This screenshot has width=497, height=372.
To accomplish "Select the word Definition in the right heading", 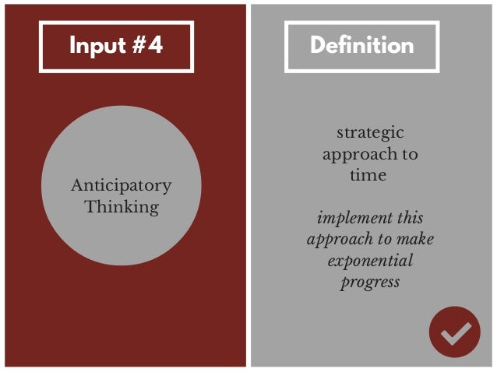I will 361,45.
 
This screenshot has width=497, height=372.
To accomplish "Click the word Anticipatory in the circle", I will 121,186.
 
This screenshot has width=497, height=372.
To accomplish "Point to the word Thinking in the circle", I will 121,207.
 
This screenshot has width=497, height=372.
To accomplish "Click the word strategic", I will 370,133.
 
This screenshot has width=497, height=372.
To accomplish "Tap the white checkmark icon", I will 455,334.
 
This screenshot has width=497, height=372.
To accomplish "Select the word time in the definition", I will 368,175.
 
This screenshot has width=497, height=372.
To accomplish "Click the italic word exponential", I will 370,260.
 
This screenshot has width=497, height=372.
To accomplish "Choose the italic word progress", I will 370,282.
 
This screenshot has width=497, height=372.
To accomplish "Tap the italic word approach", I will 338,240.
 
